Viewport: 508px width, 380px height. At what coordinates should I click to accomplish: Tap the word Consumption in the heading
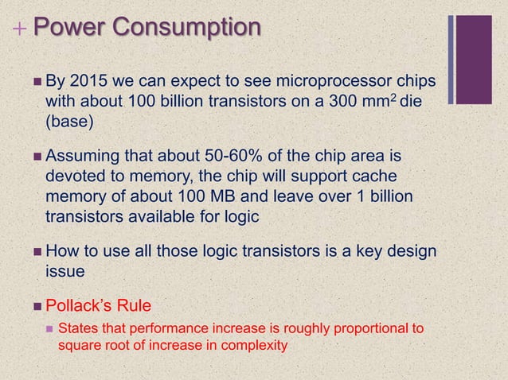point(185,28)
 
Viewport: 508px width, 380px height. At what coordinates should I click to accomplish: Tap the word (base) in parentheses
point(69,124)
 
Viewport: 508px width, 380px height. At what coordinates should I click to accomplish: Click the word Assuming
point(82,153)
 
